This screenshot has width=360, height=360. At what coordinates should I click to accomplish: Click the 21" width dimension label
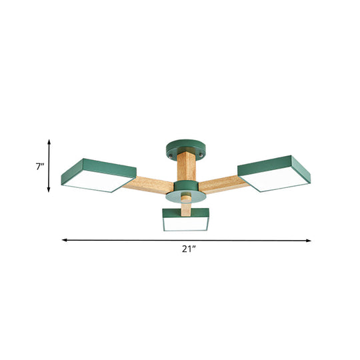(x=189, y=249)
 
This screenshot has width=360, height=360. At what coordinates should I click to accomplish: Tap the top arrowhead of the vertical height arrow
(x=49, y=141)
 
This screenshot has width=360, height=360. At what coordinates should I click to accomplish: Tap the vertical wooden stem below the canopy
(x=185, y=167)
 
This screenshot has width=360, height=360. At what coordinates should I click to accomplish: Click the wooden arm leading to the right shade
(x=220, y=183)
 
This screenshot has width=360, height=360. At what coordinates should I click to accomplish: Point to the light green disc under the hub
(x=185, y=199)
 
